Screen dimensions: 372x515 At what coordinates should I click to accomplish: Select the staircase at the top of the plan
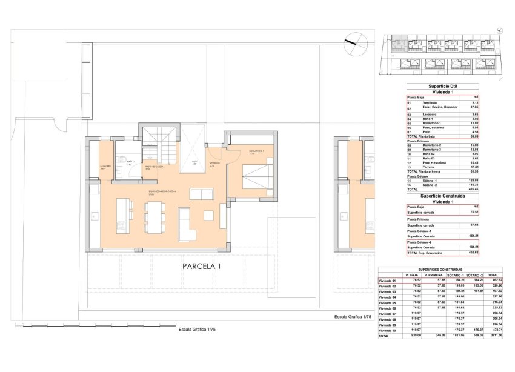tap(159, 143)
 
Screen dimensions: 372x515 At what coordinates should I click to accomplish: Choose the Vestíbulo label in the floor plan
tap(214, 163)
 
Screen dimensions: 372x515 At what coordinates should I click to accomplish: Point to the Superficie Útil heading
tap(442, 86)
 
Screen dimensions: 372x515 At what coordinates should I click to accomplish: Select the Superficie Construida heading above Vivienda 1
tap(442, 196)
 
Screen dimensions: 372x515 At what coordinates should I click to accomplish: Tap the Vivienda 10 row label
tap(389, 330)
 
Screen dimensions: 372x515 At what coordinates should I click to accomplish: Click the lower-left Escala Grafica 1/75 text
tap(197, 330)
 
